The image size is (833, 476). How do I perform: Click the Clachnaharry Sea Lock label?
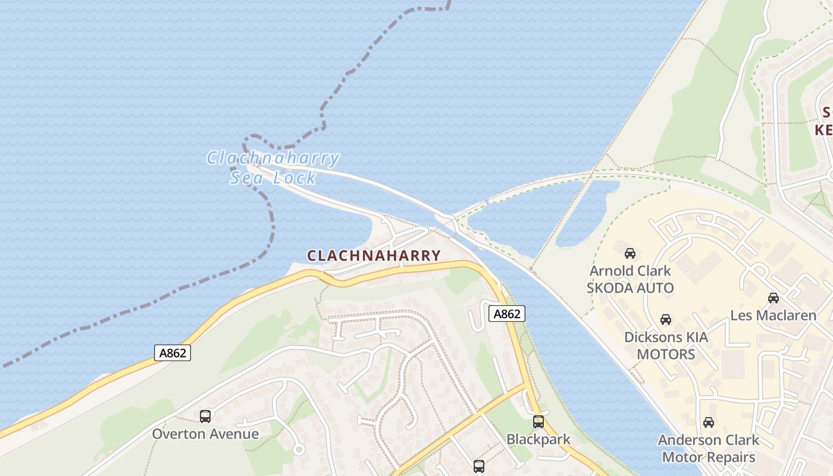click(273, 168)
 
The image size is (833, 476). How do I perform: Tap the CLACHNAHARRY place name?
click(374, 256)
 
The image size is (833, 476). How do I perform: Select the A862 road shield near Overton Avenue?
click(173, 353)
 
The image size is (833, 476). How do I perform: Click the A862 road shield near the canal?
click(507, 314)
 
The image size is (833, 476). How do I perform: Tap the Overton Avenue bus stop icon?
click(205, 416)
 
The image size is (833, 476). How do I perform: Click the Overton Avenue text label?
click(205, 434)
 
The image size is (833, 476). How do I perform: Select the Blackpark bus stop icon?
click(538, 422)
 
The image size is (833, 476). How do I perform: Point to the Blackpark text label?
click(538, 440)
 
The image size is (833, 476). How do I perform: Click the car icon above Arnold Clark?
click(630, 253)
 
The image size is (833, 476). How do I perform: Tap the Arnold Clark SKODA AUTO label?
click(630, 280)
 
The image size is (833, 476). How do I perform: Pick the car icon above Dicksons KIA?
click(666, 320)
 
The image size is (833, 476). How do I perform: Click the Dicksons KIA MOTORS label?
click(666, 346)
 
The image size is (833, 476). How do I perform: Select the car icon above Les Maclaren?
click(773, 297)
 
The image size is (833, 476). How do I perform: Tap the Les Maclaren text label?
click(773, 315)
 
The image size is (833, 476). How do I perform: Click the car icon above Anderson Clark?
click(708, 422)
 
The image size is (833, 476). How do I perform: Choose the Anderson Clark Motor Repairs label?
click(708, 449)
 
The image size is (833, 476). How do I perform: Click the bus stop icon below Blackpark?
click(479, 466)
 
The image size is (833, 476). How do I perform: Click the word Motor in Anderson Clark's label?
click(683, 458)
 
